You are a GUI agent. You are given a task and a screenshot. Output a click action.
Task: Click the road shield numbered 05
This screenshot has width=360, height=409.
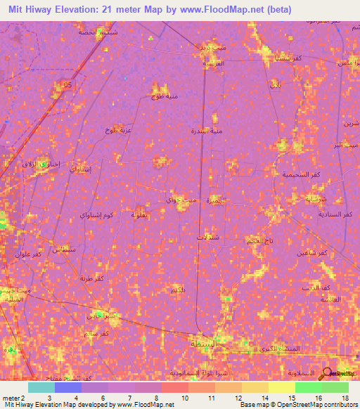click(67, 85)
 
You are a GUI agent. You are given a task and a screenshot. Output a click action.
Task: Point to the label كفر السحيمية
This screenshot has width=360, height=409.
click(296, 174)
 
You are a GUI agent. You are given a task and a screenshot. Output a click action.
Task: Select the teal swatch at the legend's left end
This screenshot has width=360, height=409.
click(41, 387)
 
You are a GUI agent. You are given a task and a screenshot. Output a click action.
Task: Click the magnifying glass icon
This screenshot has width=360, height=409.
click(328, 374)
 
